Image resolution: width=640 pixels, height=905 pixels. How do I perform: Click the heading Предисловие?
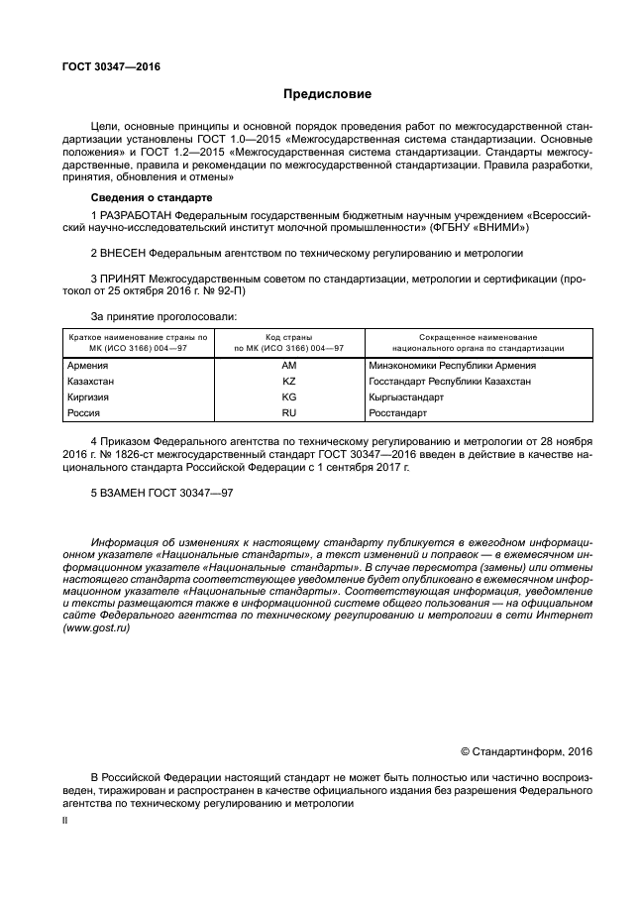pyautogui.click(x=327, y=95)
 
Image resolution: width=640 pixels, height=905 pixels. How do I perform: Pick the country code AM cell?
pyautogui.click(x=288, y=366)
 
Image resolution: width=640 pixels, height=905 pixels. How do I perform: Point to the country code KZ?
pyautogui.click(x=288, y=381)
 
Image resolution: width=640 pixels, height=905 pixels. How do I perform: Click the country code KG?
pyautogui.click(x=288, y=396)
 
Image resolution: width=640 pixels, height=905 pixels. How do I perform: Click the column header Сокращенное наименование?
pyautogui.click(x=479, y=338)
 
